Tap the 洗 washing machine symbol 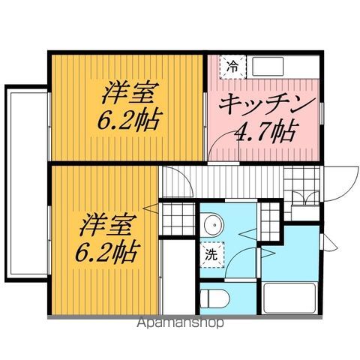click(x=211, y=254)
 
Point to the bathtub click(x=291, y=298)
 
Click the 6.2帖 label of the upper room click(x=130, y=120)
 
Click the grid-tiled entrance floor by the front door click(x=303, y=178)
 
